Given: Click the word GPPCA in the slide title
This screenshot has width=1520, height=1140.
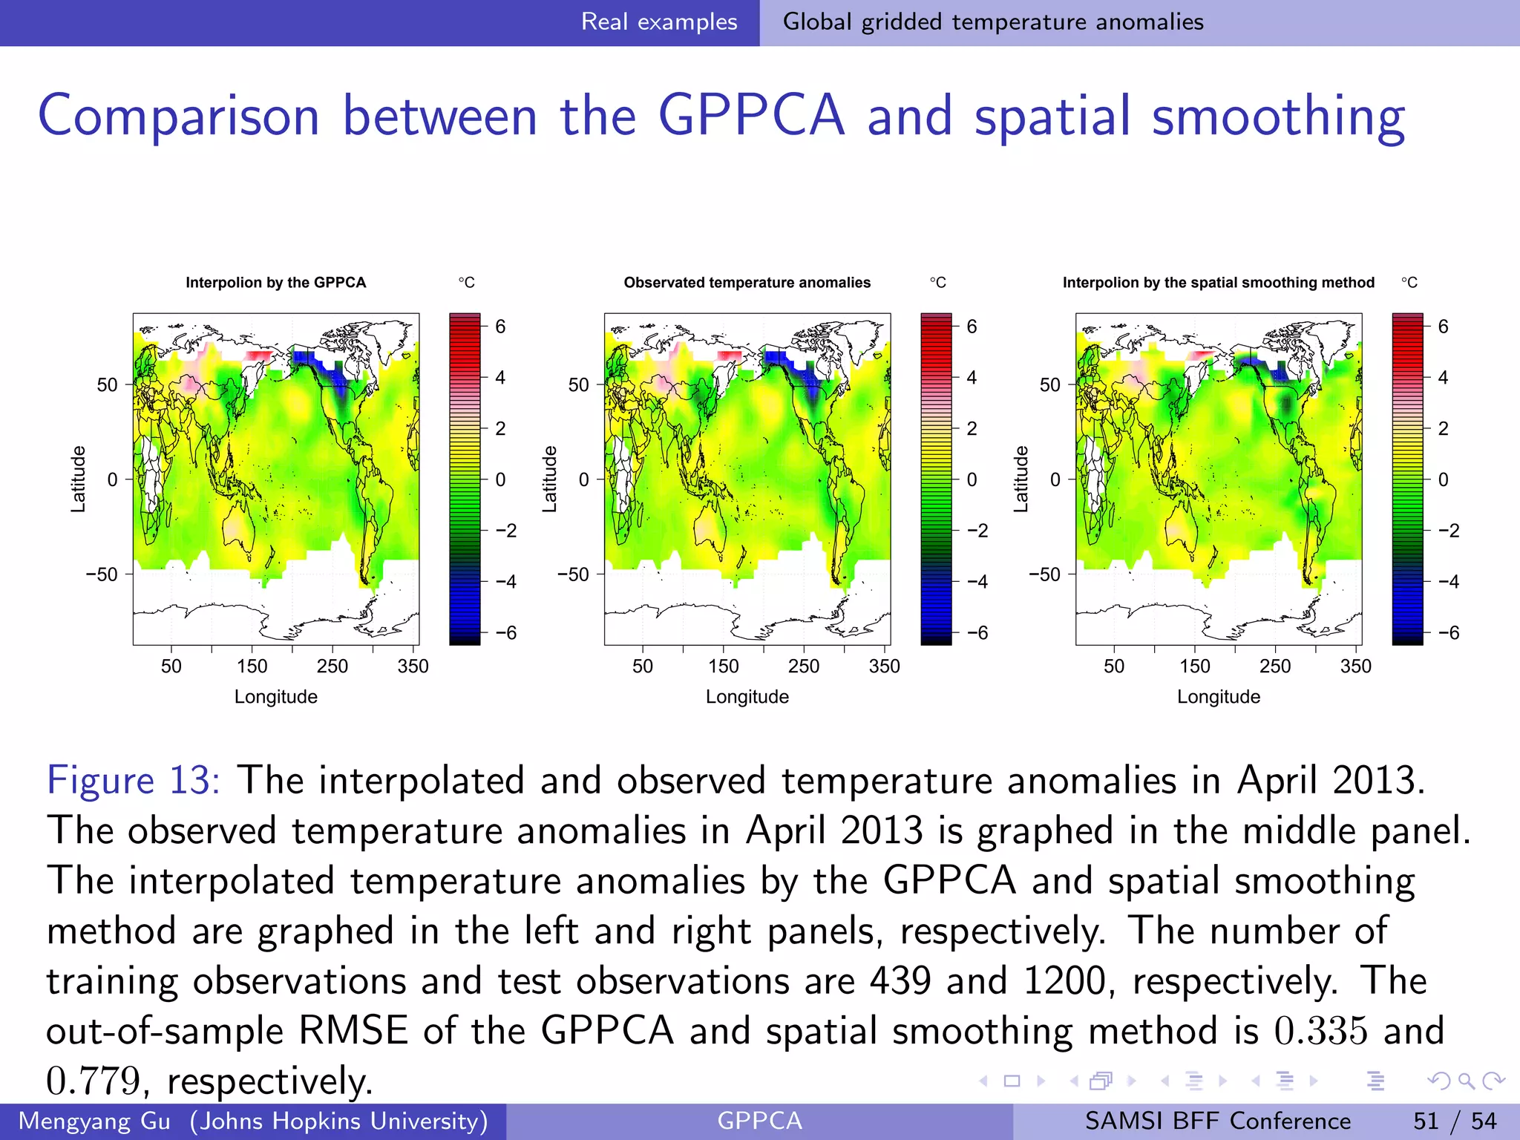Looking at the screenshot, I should click(750, 117).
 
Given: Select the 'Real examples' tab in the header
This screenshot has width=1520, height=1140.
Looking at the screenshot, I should click(658, 22).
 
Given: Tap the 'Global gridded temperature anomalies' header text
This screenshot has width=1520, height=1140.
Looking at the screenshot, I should click(992, 22).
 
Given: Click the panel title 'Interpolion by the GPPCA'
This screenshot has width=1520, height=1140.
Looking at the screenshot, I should click(275, 283).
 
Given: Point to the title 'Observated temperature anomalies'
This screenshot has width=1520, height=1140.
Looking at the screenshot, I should click(747, 283).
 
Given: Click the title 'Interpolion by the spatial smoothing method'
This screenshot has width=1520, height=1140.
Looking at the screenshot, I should click(1218, 283).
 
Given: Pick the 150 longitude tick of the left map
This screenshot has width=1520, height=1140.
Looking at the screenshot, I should click(252, 666).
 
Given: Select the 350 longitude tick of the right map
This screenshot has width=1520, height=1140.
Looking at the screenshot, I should click(1355, 666).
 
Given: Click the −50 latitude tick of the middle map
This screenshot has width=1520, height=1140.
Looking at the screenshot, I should click(573, 574).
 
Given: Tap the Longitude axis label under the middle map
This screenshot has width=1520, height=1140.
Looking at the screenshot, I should click(747, 697).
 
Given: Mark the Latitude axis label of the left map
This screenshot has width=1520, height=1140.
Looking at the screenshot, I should click(78, 479).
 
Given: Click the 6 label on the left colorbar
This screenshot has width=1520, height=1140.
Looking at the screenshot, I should click(500, 327).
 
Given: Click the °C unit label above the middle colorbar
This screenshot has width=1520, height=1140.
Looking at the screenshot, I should click(937, 283).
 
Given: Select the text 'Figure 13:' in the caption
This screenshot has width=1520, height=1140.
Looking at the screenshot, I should click(133, 781).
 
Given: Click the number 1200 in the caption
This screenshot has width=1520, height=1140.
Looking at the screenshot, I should click(1064, 980).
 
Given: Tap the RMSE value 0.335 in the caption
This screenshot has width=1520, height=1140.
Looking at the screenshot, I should click(1320, 1031).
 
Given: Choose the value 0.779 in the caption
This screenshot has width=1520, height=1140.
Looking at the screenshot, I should click(94, 1081).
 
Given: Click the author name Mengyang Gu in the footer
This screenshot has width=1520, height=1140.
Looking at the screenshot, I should click(94, 1121).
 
